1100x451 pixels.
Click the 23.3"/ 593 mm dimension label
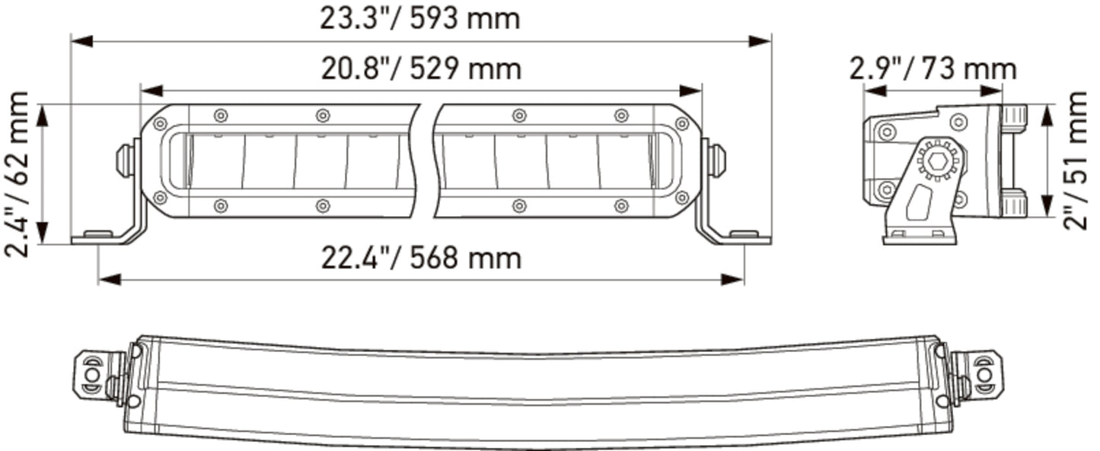(x=420, y=19)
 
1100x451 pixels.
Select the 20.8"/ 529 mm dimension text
(x=421, y=68)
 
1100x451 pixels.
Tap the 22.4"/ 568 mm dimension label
(x=421, y=258)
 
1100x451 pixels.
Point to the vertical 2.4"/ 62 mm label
(x=17, y=174)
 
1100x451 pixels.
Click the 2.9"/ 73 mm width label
(x=933, y=68)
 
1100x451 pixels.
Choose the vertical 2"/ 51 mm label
(x=1076, y=160)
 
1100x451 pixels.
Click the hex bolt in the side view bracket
(x=939, y=160)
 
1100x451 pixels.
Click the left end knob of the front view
(x=126, y=160)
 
